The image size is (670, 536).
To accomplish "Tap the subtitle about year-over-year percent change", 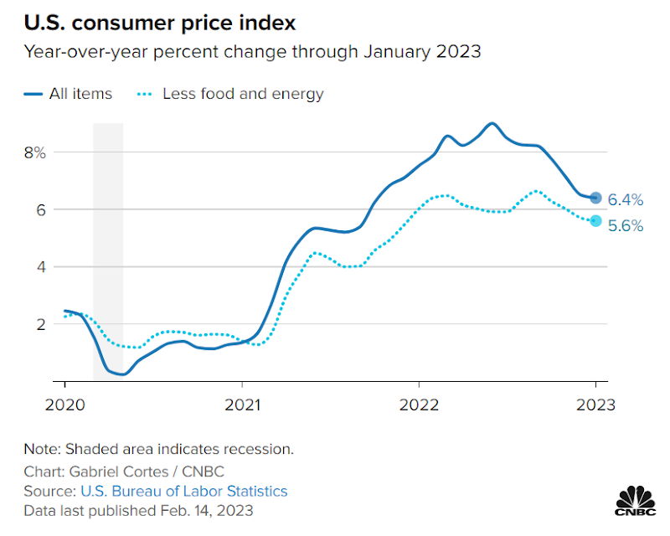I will point(252,52).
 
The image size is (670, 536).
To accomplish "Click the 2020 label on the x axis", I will point(64,404).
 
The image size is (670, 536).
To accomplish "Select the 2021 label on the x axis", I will point(241,404).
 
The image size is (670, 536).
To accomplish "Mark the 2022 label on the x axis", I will point(419,404).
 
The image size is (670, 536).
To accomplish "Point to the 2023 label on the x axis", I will point(595,404).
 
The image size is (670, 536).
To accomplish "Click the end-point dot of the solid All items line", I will point(595,198).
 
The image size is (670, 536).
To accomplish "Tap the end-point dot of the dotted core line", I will point(595,221).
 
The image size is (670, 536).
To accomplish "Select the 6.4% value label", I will point(626,199).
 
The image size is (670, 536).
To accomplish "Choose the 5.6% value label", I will point(626,225).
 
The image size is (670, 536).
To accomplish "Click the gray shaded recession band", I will point(108,251).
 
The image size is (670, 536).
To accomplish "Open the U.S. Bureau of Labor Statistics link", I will point(183,491).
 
